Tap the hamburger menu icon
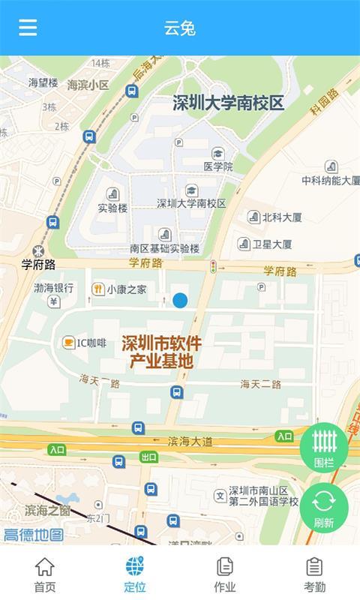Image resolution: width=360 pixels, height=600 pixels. [x=28, y=28]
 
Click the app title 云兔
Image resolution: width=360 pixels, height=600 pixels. [x=180, y=28]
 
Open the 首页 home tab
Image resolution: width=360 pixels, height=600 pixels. [x=45, y=575]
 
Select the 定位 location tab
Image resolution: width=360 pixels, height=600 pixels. [x=135, y=575]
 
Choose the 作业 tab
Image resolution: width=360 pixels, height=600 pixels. [x=225, y=575]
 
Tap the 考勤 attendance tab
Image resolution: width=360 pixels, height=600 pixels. [x=315, y=575]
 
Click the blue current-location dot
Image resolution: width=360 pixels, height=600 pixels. [x=180, y=301]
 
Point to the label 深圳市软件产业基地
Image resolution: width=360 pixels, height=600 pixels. [x=161, y=352]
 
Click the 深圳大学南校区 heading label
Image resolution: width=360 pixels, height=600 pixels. [x=229, y=103]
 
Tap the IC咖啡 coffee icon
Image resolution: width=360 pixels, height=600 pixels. [x=68, y=343]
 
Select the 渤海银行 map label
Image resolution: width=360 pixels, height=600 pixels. [x=53, y=287]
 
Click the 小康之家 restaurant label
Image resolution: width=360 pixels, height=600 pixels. [x=126, y=289]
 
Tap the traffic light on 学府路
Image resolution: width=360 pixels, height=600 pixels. [x=213, y=265]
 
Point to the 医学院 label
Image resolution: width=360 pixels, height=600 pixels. [x=218, y=166]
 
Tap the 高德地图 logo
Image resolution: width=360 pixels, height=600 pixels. [x=34, y=534]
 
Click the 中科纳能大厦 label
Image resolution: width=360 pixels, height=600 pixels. [x=331, y=180]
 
